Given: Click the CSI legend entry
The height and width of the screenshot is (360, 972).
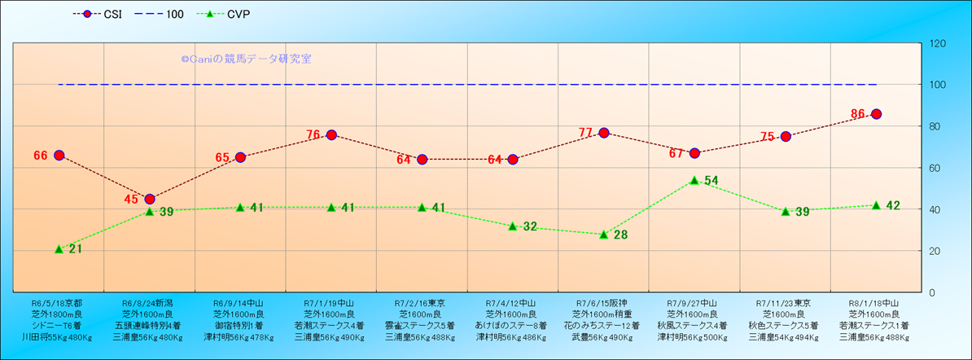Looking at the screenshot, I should click(x=101, y=14).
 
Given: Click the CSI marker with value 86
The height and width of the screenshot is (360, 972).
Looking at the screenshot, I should click(x=876, y=114).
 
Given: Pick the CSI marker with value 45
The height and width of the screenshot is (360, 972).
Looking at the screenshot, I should click(x=150, y=199).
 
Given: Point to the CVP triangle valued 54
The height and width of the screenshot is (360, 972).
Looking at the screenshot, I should click(x=694, y=180).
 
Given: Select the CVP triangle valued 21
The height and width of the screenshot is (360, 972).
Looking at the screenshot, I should click(x=59, y=248).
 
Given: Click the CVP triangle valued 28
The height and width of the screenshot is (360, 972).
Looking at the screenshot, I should click(x=604, y=234).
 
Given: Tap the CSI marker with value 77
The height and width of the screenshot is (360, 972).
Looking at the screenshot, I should click(x=604, y=133).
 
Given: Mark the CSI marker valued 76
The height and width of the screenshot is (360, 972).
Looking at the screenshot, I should click(x=331, y=134).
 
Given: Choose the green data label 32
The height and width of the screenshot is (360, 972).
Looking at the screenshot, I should click(x=529, y=226).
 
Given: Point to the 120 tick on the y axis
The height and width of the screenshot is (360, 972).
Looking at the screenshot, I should click(x=936, y=43).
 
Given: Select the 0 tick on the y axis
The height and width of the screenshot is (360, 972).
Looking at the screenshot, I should click(x=930, y=292).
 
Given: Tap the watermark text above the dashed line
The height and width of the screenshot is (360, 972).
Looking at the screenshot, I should click(x=246, y=59).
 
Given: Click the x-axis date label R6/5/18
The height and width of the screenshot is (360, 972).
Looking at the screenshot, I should click(x=55, y=301).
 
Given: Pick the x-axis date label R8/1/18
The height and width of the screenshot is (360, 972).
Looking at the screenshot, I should click(x=873, y=301).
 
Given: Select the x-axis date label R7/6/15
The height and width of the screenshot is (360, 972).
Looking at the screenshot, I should click(x=602, y=301).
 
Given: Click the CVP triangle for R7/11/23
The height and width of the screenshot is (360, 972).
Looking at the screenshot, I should click(x=786, y=211).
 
